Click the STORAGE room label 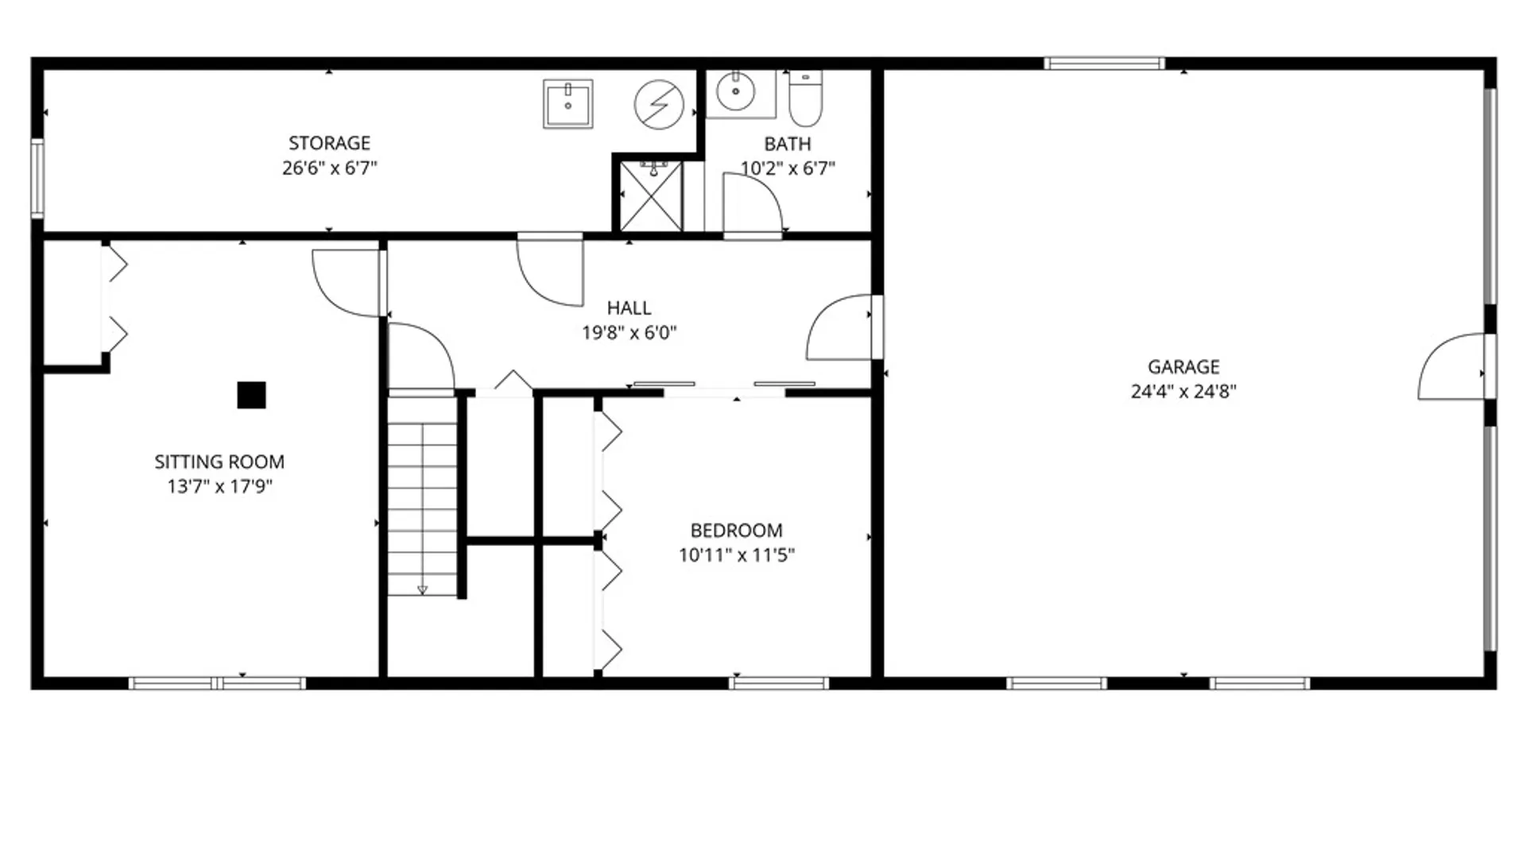click(x=329, y=143)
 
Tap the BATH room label click(x=788, y=144)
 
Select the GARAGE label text click(x=1183, y=367)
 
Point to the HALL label click(x=629, y=308)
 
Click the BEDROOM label click(x=736, y=531)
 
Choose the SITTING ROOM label click(x=219, y=462)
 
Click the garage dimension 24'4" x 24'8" click(x=1183, y=391)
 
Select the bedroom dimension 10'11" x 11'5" click(x=737, y=555)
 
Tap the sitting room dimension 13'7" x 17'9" click(x=220, y=486)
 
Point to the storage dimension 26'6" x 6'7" click(x=330, y=168)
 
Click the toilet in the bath click(x=805, y=99)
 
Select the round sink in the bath click(x=736, y=92)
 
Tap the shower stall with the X click(x=651, y=196)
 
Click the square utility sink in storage click(x=568, y=103)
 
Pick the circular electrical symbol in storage click(x=659, y=104)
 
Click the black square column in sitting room click(x=251, y=395)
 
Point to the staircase click(x=422, y=496)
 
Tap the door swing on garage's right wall click(x=1451, y=366)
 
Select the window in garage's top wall click(x=1105, y=64)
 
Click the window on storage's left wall click(x=37, y=178)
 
